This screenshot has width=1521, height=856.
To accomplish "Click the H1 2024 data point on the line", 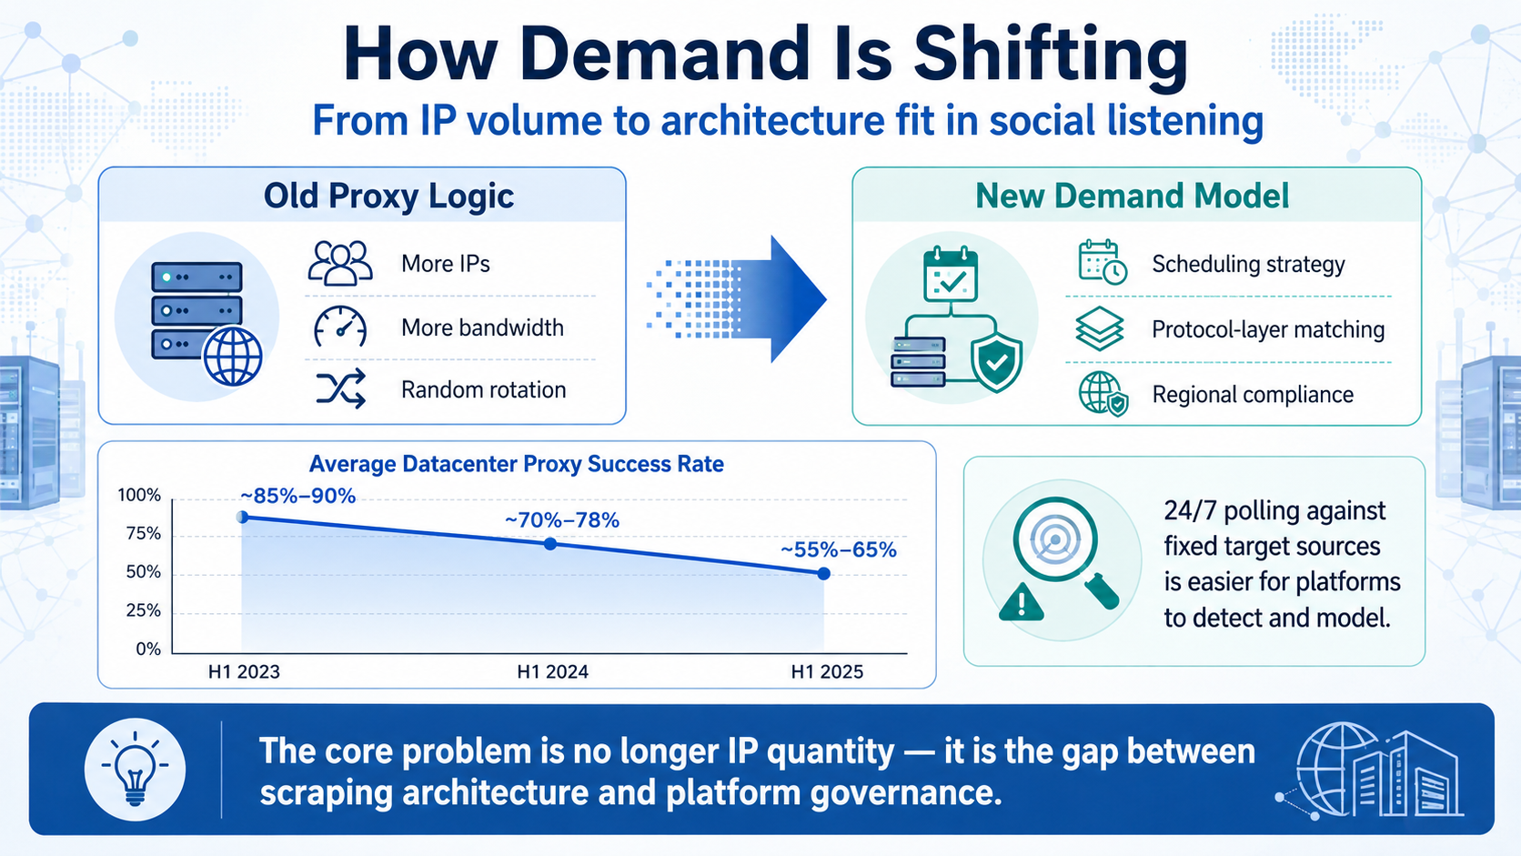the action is (550, 544).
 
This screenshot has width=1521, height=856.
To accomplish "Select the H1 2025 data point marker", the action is (823, 574).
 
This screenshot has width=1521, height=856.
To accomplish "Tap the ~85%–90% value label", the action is (297, 496).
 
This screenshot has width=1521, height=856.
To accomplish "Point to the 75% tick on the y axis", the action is (143, 534).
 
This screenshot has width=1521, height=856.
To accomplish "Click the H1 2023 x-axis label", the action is (244, 671).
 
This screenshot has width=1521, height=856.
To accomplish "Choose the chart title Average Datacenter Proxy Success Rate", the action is (516, 464).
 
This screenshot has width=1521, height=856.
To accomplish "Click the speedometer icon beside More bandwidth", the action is (340, 327).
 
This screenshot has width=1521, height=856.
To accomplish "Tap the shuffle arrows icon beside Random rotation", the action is (341, 389).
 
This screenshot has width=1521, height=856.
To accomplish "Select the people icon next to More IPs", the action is (340, 263).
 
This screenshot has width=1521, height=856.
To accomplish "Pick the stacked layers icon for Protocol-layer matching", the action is (1099, 328).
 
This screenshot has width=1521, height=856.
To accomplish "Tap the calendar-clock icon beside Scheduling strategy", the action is (1102, 261).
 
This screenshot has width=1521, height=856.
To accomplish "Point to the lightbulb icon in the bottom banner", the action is (136, 769).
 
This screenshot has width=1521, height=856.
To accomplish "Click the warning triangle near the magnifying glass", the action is (1022, 602).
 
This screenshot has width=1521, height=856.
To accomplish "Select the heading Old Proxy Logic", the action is (388, 196).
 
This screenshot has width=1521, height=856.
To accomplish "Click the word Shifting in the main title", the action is (1051, 55).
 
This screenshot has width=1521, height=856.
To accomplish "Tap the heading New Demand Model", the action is (1132, 196).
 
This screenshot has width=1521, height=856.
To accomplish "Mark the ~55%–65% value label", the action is (839, 549).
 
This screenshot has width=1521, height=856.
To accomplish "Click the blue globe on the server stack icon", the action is (233, 357).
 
